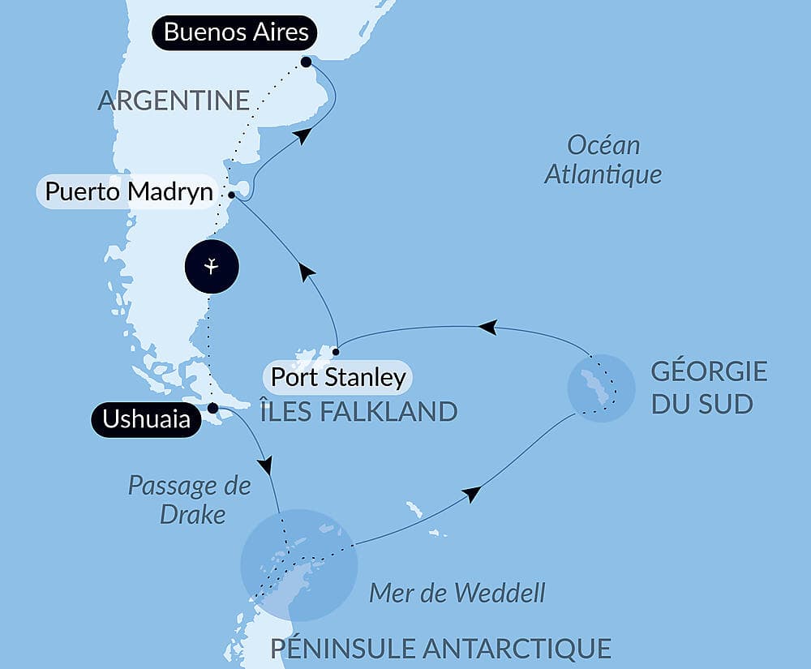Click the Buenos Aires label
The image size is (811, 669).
tap(236, 33)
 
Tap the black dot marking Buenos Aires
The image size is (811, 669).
tap(306, 62)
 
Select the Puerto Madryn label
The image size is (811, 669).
tap(129, 192)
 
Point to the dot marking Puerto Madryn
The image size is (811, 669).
tap(232, 195)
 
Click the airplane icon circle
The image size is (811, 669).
tap(211, 266)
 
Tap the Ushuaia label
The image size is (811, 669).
tap(146, 420)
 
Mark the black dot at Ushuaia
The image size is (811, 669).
tap(212, 408)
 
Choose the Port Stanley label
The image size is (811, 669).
tap(337, 377)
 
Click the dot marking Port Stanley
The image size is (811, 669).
tap(336, 351)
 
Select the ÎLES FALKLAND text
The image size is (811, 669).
tap(358, 411)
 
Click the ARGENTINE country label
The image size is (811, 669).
tap(174, 101)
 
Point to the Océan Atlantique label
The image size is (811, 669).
tap(603, 160)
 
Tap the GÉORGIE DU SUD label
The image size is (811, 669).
tap(708, 388)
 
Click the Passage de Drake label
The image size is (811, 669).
tap(190, 500)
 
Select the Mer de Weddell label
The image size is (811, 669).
tap(457, 593)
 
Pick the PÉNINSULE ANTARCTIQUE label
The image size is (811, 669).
tap(440, 648)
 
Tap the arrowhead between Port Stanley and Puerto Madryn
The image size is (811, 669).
tap(307, 272)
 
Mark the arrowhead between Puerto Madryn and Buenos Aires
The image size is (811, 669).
tap(302, 136)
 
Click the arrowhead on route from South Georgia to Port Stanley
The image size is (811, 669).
tap(487, 327)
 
